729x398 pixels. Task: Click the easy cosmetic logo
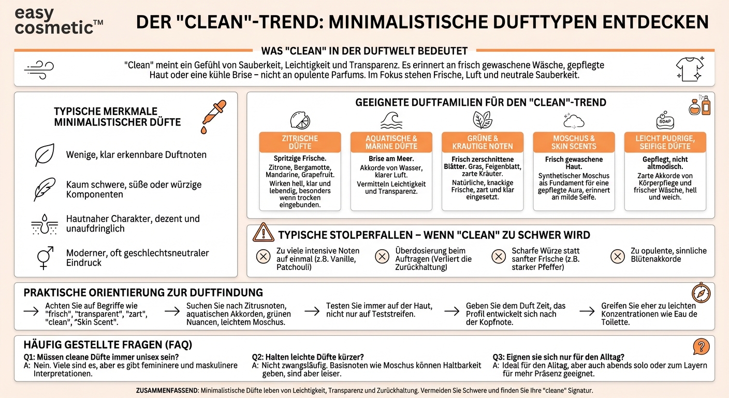point(59,21)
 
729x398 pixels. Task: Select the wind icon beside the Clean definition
point(39,68)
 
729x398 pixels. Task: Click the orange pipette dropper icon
point(213,117)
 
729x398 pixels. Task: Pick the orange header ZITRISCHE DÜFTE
point(300,143)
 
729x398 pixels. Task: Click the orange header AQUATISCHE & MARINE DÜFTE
point(391,143)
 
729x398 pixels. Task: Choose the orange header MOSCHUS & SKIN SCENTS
point(574,143)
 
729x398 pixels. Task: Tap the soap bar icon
point(665,120)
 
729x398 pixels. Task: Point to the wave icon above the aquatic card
point(391,120)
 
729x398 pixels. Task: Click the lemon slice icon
point(300,120)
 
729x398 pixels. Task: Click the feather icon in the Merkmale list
point(44,190)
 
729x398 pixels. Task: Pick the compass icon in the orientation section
point(701,293)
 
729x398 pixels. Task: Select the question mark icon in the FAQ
point(701,346)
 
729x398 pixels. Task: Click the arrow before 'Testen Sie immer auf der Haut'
point(312,311)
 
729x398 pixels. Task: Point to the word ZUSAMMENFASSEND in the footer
point(166,390)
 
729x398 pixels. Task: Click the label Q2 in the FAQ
point(258,357)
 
